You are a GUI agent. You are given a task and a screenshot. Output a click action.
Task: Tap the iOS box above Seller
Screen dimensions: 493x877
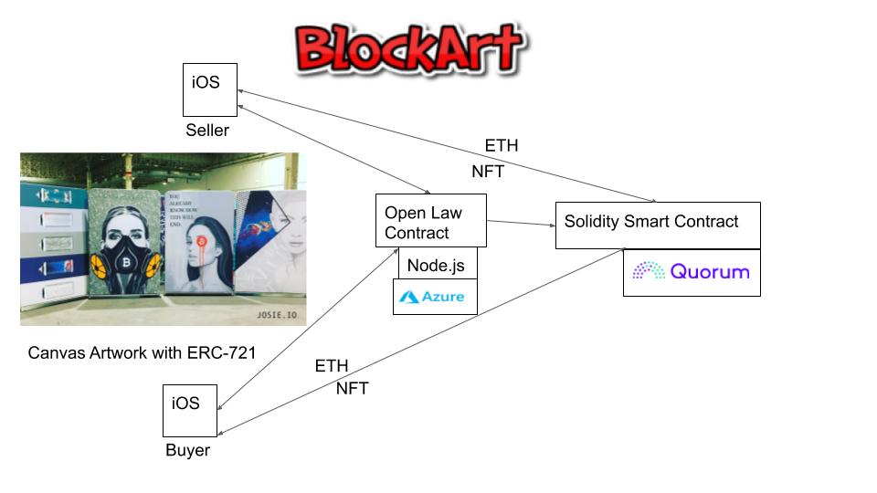pos(210,89)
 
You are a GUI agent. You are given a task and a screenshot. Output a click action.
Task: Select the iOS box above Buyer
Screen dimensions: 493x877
pos(190,411)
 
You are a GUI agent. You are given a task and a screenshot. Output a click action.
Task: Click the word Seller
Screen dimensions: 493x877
pos(207,131)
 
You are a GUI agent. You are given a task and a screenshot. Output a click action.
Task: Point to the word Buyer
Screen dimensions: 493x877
pos(187,451)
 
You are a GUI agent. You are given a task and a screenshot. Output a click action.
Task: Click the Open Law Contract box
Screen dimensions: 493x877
pos(430,221)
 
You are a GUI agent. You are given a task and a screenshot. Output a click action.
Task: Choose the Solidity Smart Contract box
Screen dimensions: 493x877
pos(657,225)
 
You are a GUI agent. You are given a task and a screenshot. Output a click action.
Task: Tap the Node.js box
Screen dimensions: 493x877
pos(437,266)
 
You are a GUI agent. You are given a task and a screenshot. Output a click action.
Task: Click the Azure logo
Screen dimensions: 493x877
pos(435,297)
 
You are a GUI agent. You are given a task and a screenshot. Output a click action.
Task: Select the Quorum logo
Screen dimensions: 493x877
pos(692,271)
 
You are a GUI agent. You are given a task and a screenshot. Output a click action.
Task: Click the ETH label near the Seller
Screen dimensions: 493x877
pos(502,145)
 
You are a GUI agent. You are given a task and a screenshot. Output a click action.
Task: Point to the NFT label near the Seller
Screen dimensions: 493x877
pos(488,171)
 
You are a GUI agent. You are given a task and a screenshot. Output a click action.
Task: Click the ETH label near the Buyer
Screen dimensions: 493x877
pos(332,366)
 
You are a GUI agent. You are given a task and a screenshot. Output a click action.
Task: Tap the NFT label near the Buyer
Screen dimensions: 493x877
pos(352,389)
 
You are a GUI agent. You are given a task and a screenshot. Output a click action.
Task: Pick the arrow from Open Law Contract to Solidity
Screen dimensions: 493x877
pos(521,222)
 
